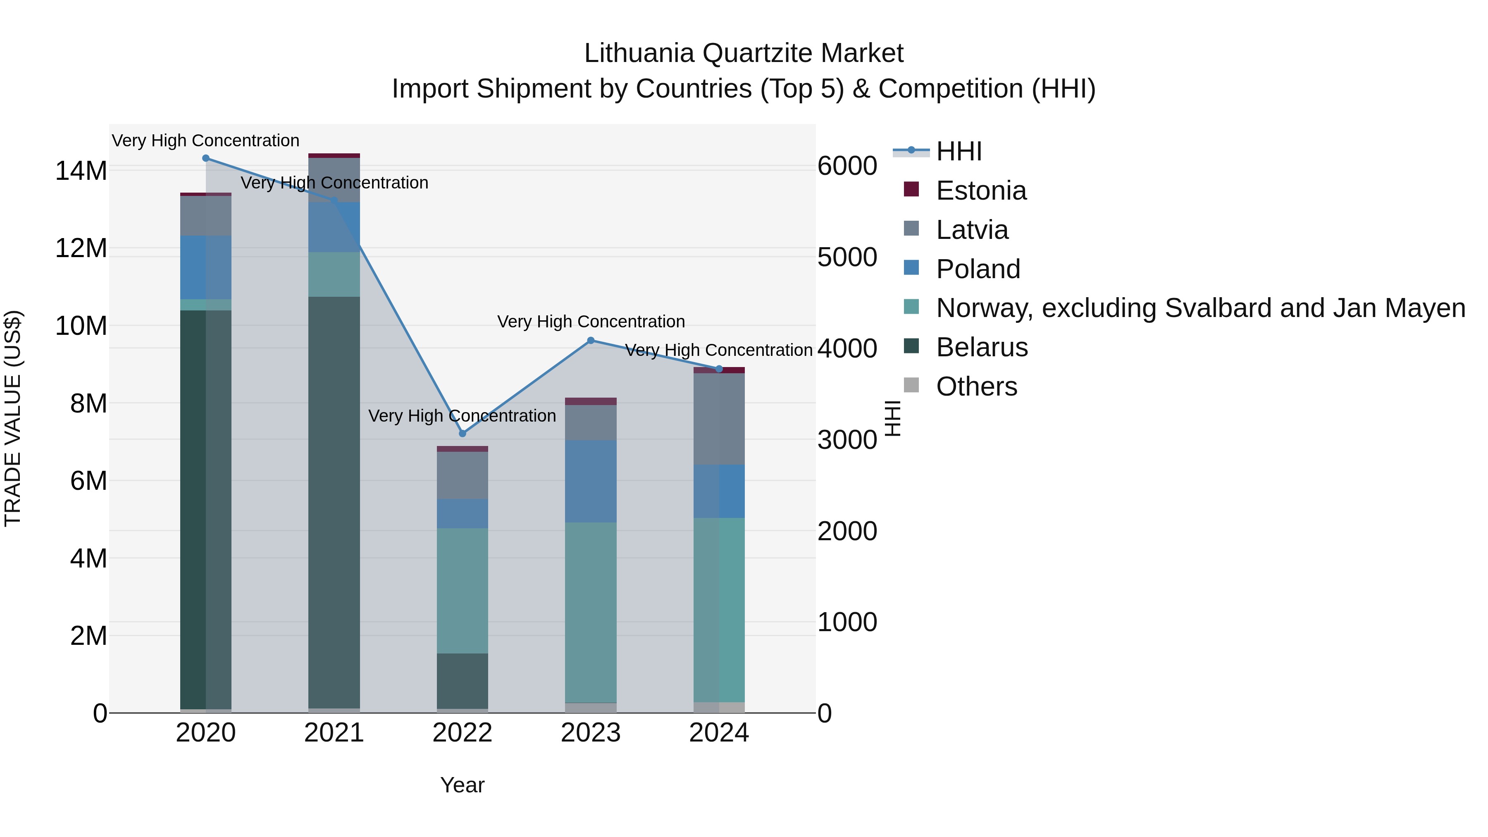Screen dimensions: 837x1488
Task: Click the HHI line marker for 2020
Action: click(x=206, y=158)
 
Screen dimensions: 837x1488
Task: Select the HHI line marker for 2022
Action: click(x=462, y=433)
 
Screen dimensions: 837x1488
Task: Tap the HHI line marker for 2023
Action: click(x=590, y=341)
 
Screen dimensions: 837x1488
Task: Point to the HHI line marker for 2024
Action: click(x=719, y=369)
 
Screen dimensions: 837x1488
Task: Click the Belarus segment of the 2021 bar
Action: click(x=334, y=503)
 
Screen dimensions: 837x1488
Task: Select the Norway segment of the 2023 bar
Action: click(x=590, y=612)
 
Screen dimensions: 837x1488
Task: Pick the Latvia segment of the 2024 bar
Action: click(x=719, y=419)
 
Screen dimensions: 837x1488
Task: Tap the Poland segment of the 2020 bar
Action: click(x=206, y=267)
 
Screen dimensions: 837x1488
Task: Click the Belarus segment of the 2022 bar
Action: click(x=462, y=681)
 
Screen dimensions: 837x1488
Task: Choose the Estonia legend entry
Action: click(x=981, y=191)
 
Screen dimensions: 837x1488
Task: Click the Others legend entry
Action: click(x=976, y=386)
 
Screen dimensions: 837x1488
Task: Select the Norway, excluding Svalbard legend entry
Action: click(x=1200, y=308)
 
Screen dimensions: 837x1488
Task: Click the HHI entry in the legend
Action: click(x=959, y=151)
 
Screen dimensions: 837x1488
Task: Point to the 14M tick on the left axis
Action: click(x=81, y=171)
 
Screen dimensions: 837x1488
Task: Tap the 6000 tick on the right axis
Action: click(x=847, y=166)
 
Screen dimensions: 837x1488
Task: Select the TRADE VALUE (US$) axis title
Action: click(x=13, y=418)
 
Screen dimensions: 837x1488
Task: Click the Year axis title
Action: click(x=462, y=785)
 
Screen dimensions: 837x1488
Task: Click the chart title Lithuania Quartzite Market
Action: click(x=744, y=53)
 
